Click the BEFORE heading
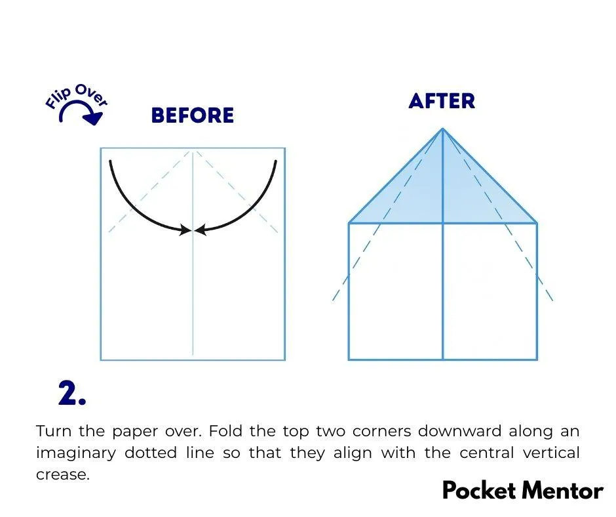(193, 115)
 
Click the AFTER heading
(442, 101)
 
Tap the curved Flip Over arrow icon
(81, 113)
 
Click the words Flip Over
(76, 95)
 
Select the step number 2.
(72, 392)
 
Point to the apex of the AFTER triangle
(443, 129)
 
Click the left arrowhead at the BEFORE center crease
(185, 230)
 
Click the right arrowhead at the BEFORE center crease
(201, 230)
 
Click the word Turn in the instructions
(54, 431)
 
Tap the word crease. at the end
(63, 474)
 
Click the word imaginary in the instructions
(76, 453)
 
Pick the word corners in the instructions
(381, 431)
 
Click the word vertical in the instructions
(551, 453)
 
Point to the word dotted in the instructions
(151, 453)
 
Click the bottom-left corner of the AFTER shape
(349, 360)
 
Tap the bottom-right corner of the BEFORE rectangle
(284, 360)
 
